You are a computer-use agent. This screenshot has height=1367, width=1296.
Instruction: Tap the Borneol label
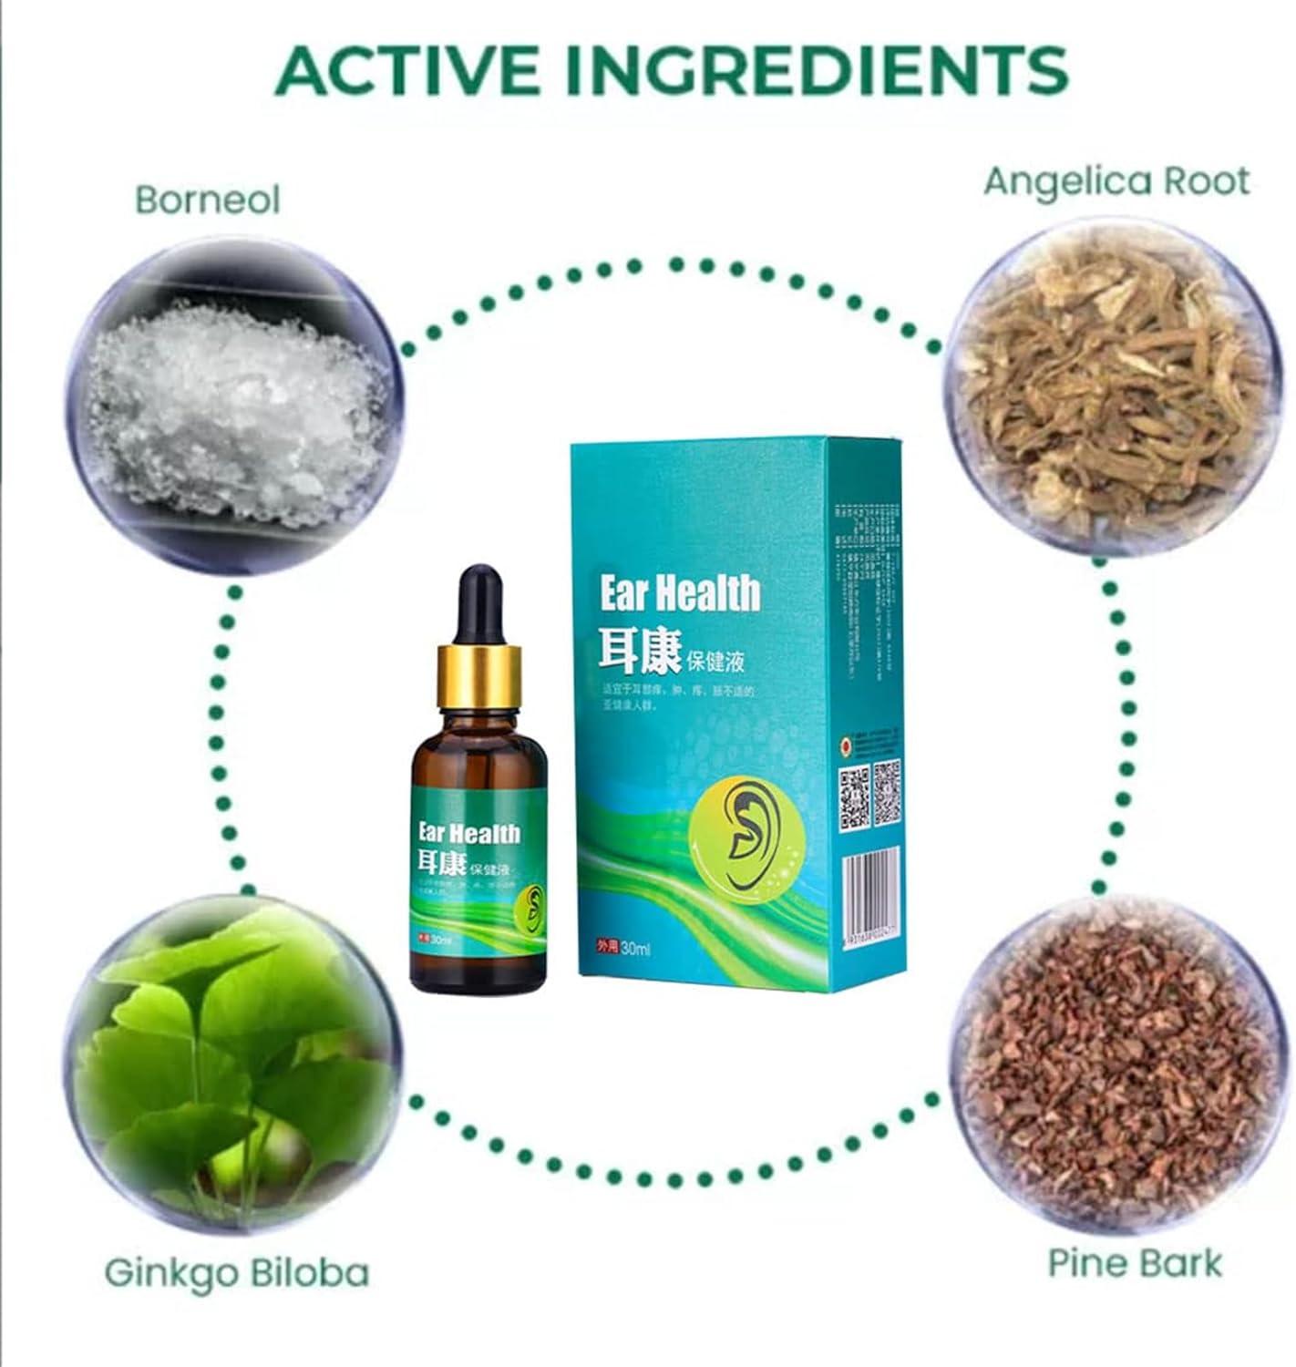[208, 200]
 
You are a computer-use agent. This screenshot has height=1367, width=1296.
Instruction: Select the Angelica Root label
[1116, 181]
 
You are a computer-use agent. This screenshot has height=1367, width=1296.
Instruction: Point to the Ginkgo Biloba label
[237, 1271]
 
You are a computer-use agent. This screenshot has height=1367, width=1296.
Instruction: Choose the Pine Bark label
[1135, 1263]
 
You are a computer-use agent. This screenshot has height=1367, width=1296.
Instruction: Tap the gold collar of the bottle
[478, 675]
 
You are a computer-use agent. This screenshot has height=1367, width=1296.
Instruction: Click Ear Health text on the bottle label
[468, 833]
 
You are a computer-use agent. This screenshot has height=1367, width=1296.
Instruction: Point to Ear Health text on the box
[679, 593]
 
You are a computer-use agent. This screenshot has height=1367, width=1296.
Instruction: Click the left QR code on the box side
[854, 797]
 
